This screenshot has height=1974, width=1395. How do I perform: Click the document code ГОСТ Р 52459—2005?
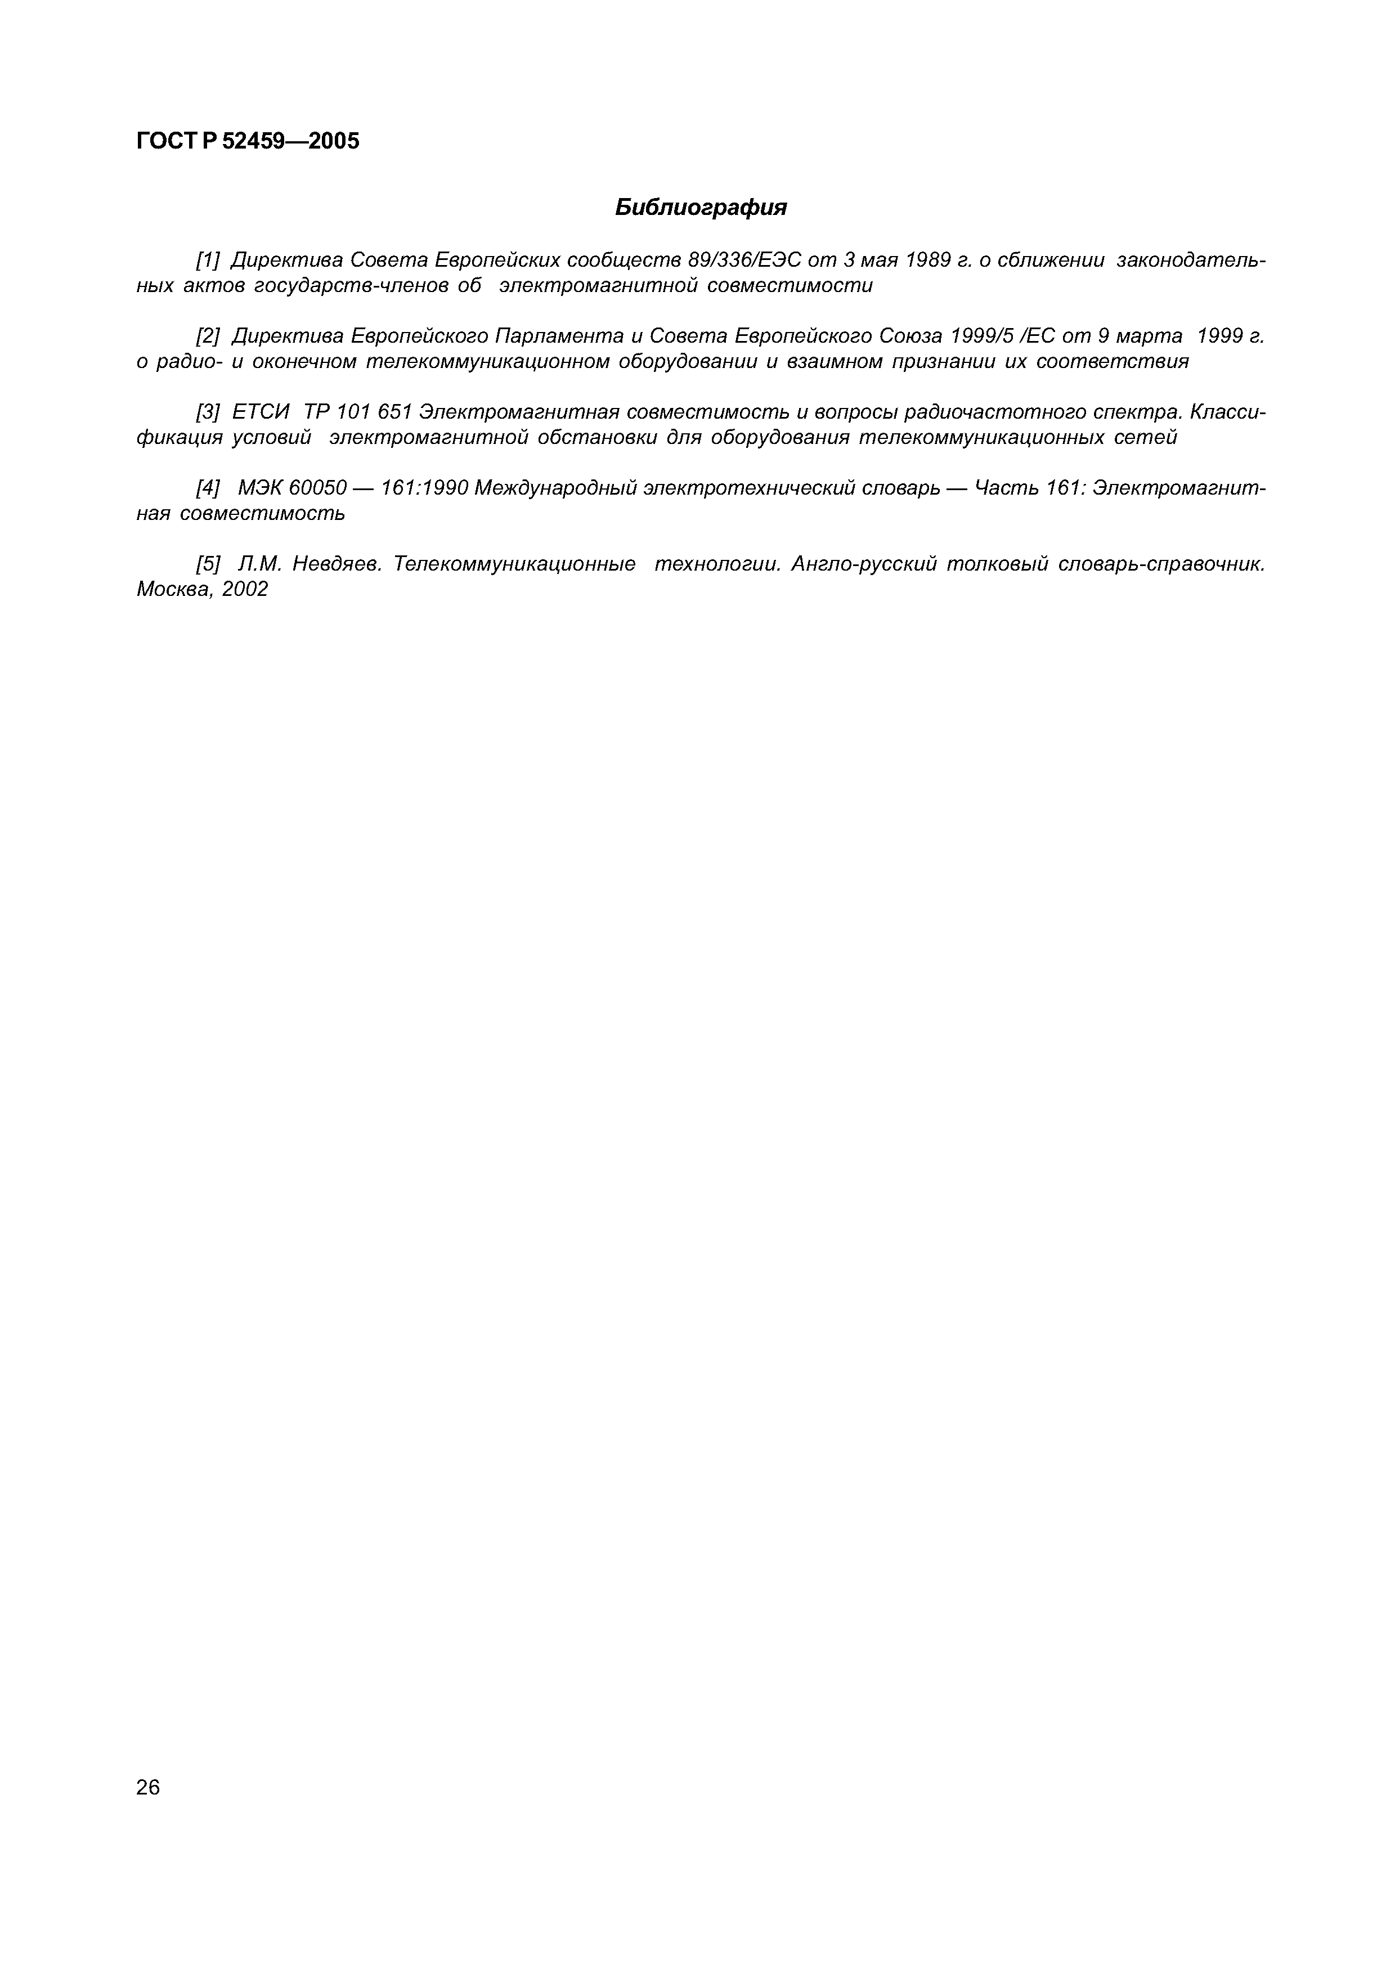tap(248, 141)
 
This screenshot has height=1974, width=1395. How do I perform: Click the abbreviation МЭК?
tap(261, 488)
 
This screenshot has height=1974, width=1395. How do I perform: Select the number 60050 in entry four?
tap(317, 488)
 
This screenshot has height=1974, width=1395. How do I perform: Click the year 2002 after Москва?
tap(244, 589)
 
